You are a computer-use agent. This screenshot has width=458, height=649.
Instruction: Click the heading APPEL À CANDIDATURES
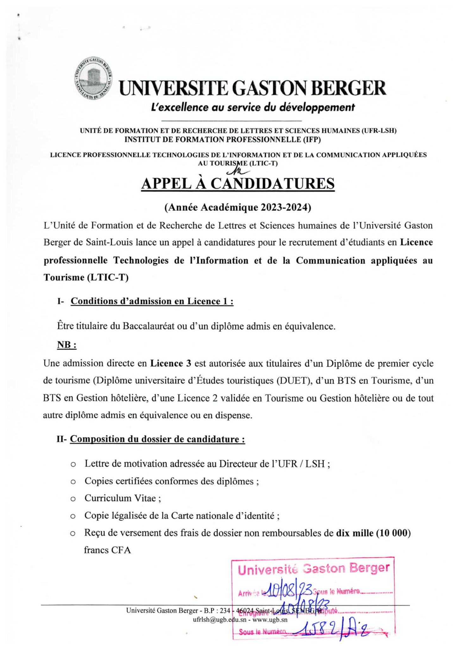pyautogui.click(x=238, y=184)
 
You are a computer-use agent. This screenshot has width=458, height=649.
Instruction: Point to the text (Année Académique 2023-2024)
pyautogui.click(x=238, y=207)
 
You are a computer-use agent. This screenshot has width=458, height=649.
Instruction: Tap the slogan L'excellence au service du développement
pyautogui.click(x=253, y=107)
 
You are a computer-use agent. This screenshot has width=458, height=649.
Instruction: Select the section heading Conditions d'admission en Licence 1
pyautogui.click(x=152, y=301)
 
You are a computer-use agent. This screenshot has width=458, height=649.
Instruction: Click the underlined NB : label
pyautogui.click(x=67, y=345)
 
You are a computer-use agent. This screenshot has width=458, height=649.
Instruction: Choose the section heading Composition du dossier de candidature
pyautogui.click(x=157, y=439)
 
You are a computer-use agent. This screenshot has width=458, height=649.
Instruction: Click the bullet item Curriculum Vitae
pyautogui.click(x=122, y=498)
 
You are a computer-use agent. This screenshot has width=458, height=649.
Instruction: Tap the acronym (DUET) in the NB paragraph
pyautogui.click(x=293, y=380)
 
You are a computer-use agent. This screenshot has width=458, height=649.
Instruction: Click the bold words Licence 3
pyautogui.click(x=171, y=363)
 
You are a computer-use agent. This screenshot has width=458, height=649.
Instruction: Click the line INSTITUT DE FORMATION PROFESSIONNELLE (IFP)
pyautogui.click(x=223, y=139)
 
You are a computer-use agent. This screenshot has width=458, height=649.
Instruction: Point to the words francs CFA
pyautogui.click(x=107, y=550)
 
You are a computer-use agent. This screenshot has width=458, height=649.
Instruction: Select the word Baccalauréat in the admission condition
pyautogui.click(x=148, y=326)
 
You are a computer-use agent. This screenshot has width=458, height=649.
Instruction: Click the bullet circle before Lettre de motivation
pyautogui.click(x=73, y=464)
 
